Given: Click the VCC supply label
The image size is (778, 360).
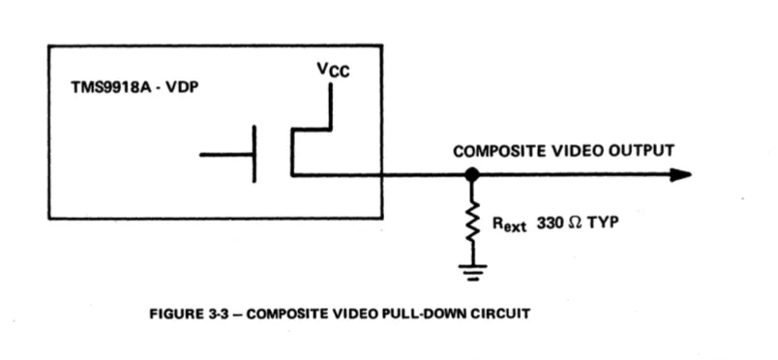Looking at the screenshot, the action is click(x=333, y=70).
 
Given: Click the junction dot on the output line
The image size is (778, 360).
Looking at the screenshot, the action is click(x=472, y=175).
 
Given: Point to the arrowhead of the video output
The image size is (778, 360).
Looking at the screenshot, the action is click(x=680, y=175).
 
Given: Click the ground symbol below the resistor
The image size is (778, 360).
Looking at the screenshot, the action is click(x=472, y=272).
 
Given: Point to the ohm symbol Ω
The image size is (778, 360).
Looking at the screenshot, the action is click(x=575, y=223).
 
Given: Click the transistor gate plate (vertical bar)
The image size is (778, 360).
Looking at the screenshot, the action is click(x=254, y=154).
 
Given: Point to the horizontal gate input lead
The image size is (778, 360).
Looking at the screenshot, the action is click(x=226, y=155).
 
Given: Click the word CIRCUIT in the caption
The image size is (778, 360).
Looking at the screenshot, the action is click(x=502, y=315).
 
